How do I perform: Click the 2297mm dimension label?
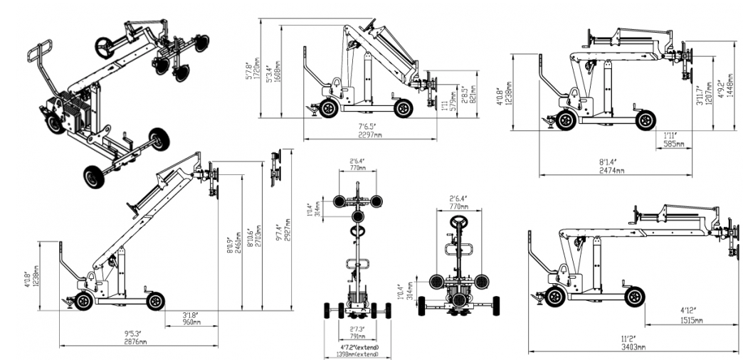click(x=370, y=134)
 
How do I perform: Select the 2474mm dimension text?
click(x=611, y=171)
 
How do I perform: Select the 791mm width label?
click(x=357, y=337)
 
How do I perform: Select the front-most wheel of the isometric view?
click(x=93, y=176)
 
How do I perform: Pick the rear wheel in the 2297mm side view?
click(x=328, y=109)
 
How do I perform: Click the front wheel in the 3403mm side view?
click(x=634, y=295)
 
